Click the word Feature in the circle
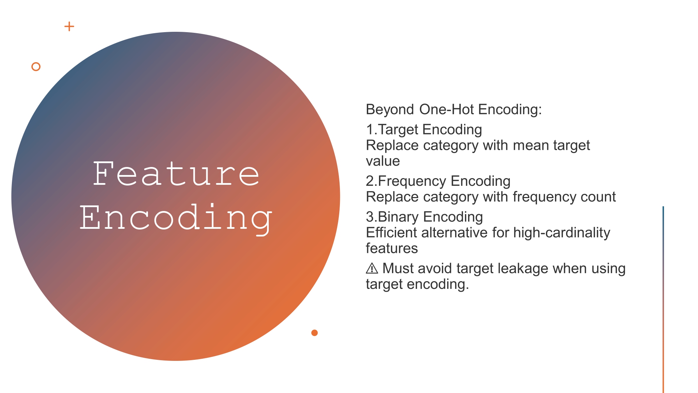tap(176, 174)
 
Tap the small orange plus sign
tap(69, 26)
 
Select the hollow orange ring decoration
tap(36, 67)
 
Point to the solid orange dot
tap(314, 333)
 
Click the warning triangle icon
tap(372, 269)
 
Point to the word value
tap(383, 161)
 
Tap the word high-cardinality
tap(562, 233)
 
